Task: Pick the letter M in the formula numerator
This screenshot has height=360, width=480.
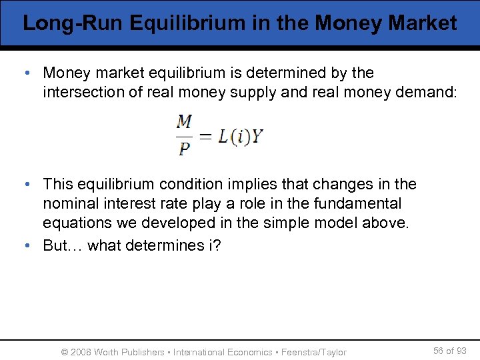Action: click(185, 122)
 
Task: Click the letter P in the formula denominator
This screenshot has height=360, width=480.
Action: click(185, 149)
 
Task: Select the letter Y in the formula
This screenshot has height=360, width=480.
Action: click(257, 137)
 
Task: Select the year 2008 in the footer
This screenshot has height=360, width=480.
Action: click(81, 352)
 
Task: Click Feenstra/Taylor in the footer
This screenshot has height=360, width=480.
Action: click(314, 352)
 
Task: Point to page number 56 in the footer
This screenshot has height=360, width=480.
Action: click(439, 351)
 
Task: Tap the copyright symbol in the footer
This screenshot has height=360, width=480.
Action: click(64, 352)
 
